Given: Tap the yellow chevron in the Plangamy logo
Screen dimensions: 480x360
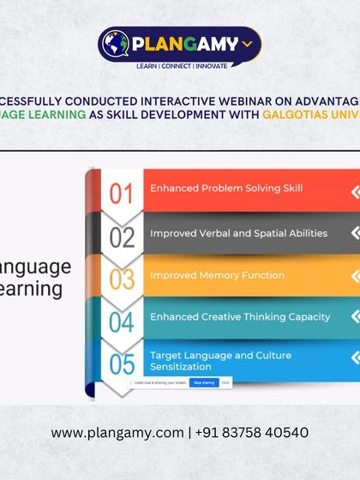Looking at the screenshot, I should click(248, 42).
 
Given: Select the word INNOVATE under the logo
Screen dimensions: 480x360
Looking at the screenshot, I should click(212, 66).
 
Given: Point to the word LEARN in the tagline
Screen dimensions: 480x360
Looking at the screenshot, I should click(147, 66).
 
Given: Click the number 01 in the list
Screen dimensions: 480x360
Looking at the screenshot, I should click(123, 194).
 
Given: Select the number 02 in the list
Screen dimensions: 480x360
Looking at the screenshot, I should click(123, 237).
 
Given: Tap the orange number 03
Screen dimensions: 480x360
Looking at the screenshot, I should click(123, 279).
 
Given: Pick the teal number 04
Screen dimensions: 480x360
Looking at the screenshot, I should click(123, 322).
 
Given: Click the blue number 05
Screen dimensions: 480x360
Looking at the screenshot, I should click(123, 364).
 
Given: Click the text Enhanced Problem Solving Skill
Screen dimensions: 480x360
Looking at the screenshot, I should click(226, 188).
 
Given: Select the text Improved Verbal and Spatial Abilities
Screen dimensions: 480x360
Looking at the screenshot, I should click(238, 233).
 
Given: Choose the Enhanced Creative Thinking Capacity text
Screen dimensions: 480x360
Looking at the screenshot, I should click(240, 317).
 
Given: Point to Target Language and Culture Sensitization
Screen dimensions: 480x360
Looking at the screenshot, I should click(220, 361).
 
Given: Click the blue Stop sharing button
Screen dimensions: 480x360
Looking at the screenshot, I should click(203, 382).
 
